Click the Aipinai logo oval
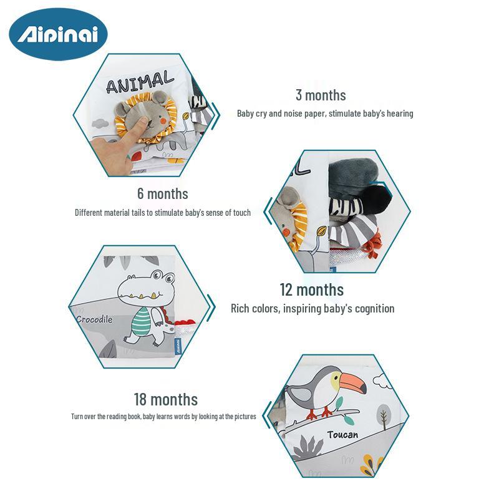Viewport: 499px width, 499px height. (58, 34)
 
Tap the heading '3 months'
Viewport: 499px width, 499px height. (321, 95)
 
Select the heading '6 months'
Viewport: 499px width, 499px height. (163, 194)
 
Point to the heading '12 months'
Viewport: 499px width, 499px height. (311, 290)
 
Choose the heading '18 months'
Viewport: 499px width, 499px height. (165, 400)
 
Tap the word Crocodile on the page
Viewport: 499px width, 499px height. (95, 319)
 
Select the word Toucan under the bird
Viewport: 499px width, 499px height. (342, 435)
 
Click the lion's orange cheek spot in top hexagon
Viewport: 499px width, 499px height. (163, 121)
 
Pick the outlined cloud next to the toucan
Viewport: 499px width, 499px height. (382, 381)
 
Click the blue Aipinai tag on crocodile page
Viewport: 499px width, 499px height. (178, 346)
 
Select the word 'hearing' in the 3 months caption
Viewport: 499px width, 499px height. (400, 114)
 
